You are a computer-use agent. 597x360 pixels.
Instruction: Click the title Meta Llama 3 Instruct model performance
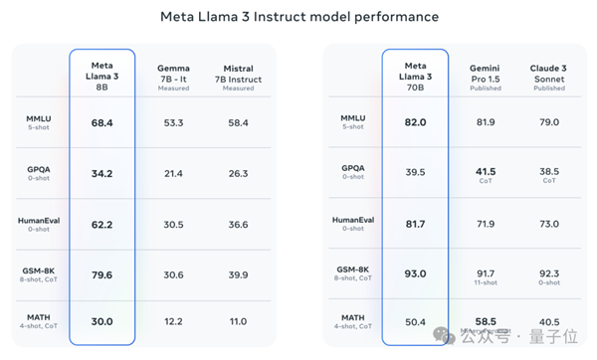coord(298,18)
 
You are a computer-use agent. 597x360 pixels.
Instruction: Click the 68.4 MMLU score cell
coord(100,122)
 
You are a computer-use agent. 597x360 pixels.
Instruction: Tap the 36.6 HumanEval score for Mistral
coord(238,225)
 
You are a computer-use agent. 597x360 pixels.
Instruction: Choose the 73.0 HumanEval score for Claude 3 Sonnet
coord(548,225)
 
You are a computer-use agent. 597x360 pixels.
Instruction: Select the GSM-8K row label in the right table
coord(354,269)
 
